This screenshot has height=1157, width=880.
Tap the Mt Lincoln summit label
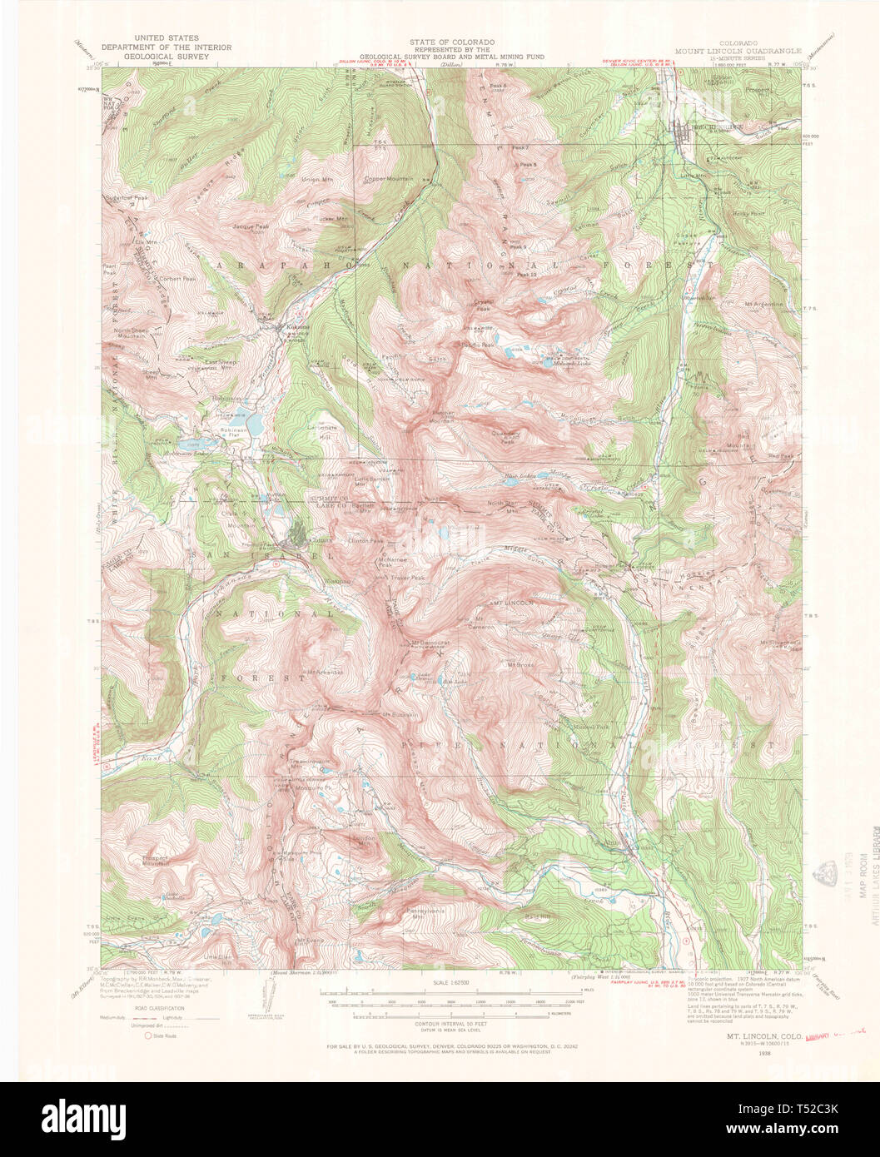[510, 602]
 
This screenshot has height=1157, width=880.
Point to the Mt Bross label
[520, 664]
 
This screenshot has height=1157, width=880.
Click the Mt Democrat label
[430, 643]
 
